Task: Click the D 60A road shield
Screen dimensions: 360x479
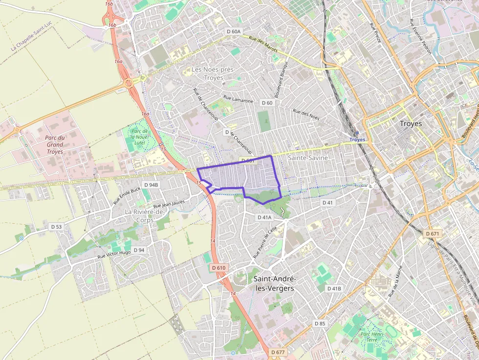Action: click(234, 31)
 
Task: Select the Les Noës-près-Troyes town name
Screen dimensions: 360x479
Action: click(213, 74)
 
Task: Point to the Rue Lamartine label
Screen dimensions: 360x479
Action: click(238, 100)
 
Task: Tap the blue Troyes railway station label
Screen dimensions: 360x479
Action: click(357, 140)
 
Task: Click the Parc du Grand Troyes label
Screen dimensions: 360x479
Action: click(55, 145)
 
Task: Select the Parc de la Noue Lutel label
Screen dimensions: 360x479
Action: click(140, 137)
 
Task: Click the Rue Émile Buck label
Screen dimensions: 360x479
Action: click(127, 195)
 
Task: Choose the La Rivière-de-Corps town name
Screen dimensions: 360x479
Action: click(146, 216)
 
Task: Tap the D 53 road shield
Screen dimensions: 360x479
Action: click(57, 227)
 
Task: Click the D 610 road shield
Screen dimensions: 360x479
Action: click(219, 268)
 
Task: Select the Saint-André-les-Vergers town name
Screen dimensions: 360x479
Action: click(275, 283)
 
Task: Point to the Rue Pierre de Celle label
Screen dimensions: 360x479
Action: click(265, 242)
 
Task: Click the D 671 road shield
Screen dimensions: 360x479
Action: click(433, 234)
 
